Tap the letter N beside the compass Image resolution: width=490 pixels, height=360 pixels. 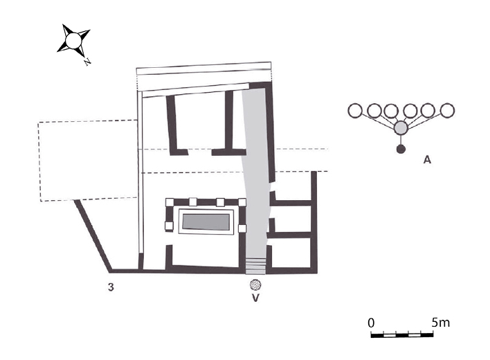pyautogui.click(x=87, y=62)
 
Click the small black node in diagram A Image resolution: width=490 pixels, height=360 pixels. pyautogui.click(x=400, y=149)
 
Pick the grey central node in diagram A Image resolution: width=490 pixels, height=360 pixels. pyautogui.click(x=400, y=128)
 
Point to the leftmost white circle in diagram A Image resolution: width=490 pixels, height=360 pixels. pyautogui.click(x=355, y=110)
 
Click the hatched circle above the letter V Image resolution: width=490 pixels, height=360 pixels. pyautogui.click(x=256, y=285)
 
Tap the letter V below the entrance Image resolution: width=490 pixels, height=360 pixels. pyautogui.click(x=256, y=300)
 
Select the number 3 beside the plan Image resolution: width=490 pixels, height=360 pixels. pyautogui.click(x=111, y=286)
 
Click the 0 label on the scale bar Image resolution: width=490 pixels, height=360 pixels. pyautogui.click(x=371, y=323)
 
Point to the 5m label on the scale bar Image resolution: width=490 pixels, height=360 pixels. pyautogui.click(x=440, y=323)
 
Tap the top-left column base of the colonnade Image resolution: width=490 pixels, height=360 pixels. pyautogui.click(x=168, y=202)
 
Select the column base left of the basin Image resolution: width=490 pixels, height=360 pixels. pyautogui.click(x=168, y=226)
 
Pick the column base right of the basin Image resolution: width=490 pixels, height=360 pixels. pyautogui.click(x=242, y=228)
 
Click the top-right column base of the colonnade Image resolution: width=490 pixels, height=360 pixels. pyautogui.click(x=242, y=202)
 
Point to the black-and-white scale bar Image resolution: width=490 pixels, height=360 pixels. pyautogui.click(x=402, y=335)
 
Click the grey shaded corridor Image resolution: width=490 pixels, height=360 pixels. pyautogui.click(x=258, y=173)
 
